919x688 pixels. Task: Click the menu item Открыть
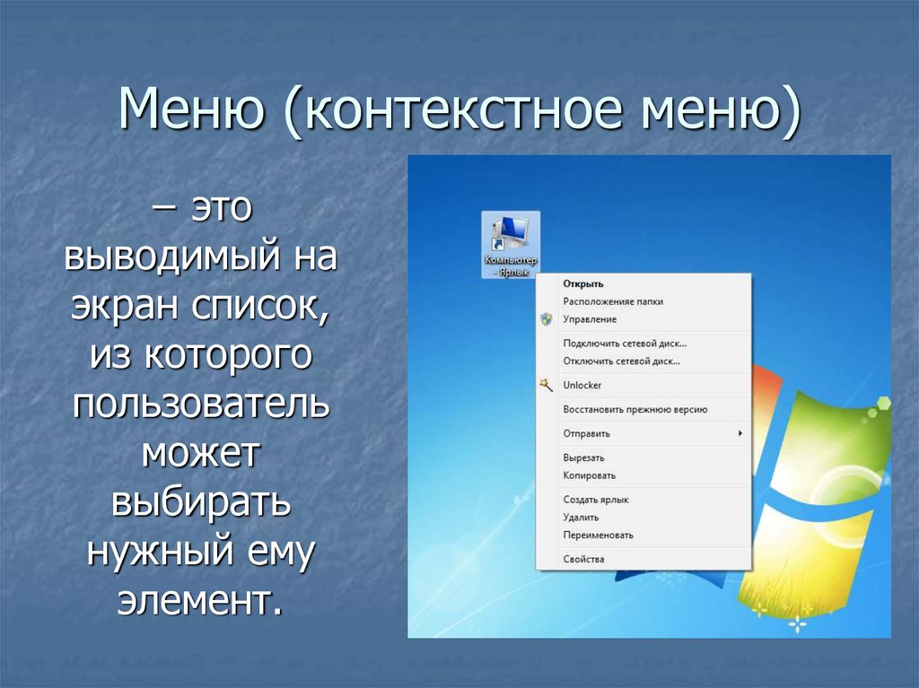(x=583, y=283)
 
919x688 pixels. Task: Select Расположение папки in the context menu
(x=613, y=301)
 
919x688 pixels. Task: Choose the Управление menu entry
(x=590, y=319)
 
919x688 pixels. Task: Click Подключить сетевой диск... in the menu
(x=625, y=344)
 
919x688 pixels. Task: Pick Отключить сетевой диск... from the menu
(x=622, y=361)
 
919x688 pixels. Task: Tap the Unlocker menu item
(x=582, y=385)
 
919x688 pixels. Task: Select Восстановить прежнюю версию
(x=635, y=409)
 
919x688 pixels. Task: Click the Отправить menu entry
(x=587, y=433)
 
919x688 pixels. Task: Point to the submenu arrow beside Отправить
(x=740, y=433)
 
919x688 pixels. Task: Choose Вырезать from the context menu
(x=583, y=457)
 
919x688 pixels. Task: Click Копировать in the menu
(x=590, y=475)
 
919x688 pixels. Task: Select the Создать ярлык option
(x=596, y=500)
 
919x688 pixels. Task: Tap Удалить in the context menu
(x=581, y=518)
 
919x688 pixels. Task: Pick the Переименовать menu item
(x=599, y=535)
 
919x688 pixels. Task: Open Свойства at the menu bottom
(x=583, y=559)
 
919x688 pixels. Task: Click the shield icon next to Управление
(x=547, y=319)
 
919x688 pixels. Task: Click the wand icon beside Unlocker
(x=547, y=385)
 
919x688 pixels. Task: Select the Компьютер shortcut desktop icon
(x=511, y=244)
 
